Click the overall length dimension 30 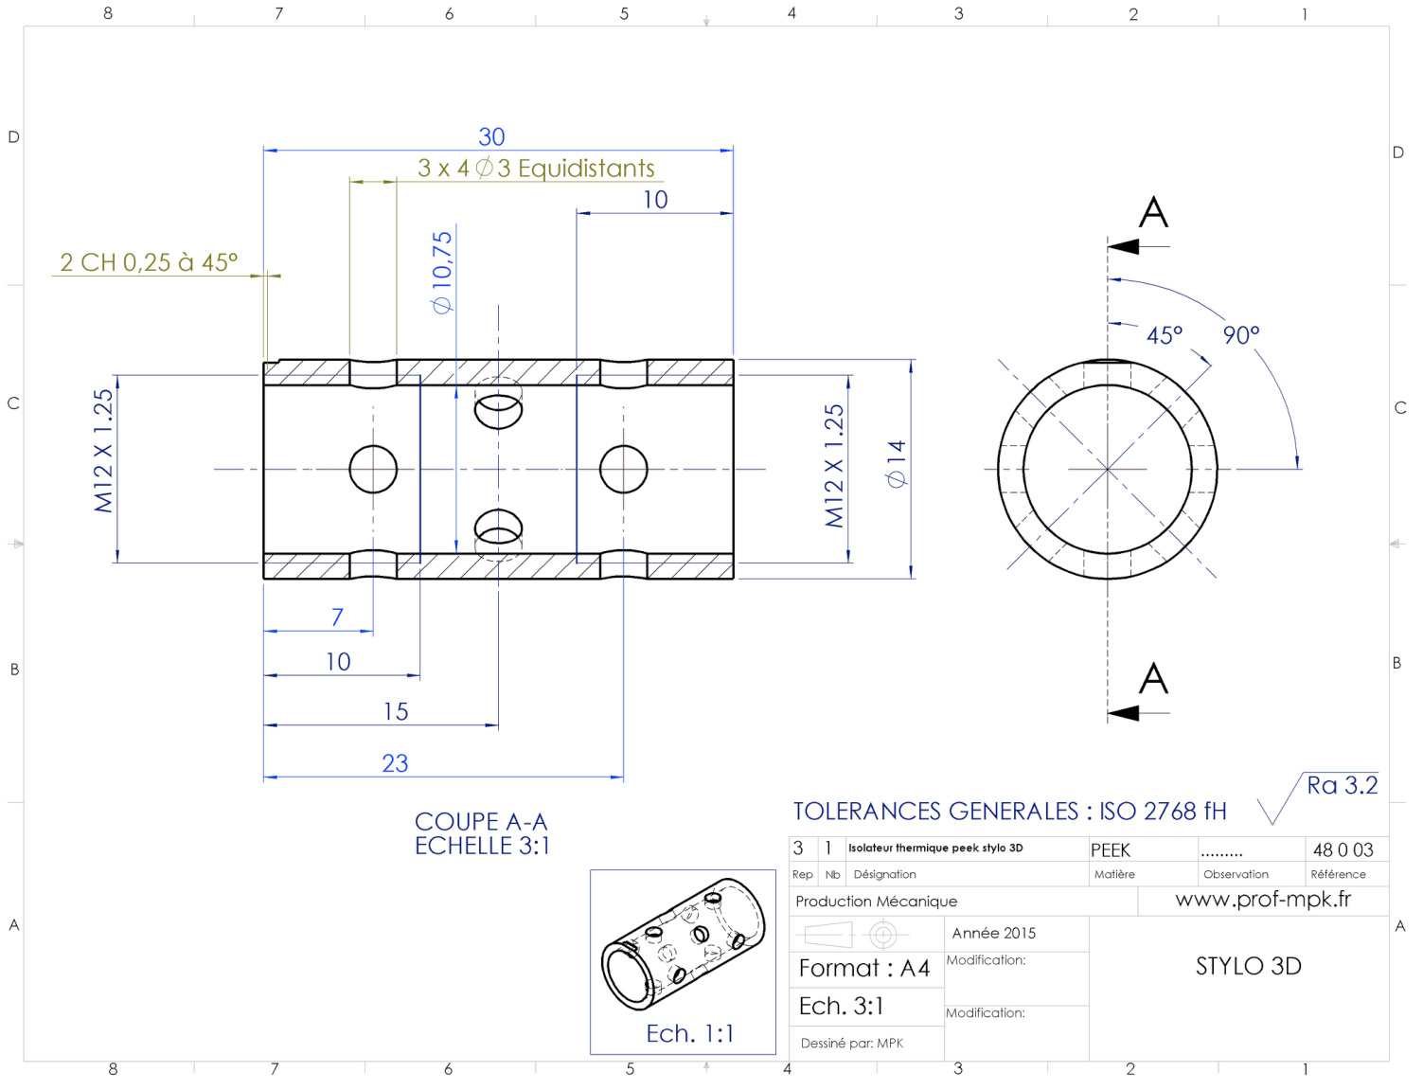pos(491,137)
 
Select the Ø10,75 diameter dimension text pos(442,273)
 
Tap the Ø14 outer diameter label pos(896,464)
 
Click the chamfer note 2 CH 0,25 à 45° pos(149,262)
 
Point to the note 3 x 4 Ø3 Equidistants pos(536,169)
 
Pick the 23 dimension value pos(395,763)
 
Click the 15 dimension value pos(396,711)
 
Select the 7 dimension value pos(337,617)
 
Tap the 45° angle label pos(1165,335)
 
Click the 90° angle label pos(1241,334)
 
